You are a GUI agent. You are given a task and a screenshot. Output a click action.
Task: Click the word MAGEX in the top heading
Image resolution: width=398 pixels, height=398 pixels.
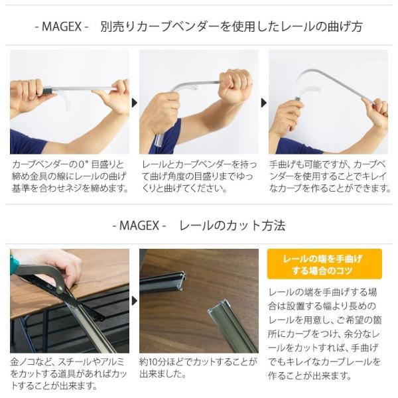click(x=62, y=27)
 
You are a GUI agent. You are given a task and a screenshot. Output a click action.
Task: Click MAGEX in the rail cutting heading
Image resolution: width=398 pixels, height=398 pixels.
click(x=139, y=226)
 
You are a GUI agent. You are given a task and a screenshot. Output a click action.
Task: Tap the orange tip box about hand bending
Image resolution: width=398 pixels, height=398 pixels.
click(x=324, y=264)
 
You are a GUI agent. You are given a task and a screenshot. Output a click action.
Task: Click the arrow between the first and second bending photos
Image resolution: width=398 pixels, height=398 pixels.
click(x=135, y=103)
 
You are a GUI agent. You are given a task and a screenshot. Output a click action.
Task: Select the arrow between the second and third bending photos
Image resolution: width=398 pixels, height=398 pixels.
click(x=264, y=103)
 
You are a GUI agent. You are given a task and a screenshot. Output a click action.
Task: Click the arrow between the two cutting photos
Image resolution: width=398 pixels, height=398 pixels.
click(x=135, y=301)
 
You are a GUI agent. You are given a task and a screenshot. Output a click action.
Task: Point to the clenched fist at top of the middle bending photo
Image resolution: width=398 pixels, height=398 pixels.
click(x=234, y=85)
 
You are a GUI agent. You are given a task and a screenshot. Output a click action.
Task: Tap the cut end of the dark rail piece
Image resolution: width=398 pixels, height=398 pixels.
click(x=182, y=281)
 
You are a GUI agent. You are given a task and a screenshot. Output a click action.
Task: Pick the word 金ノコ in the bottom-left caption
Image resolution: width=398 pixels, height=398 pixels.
click(x=24, y=362)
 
